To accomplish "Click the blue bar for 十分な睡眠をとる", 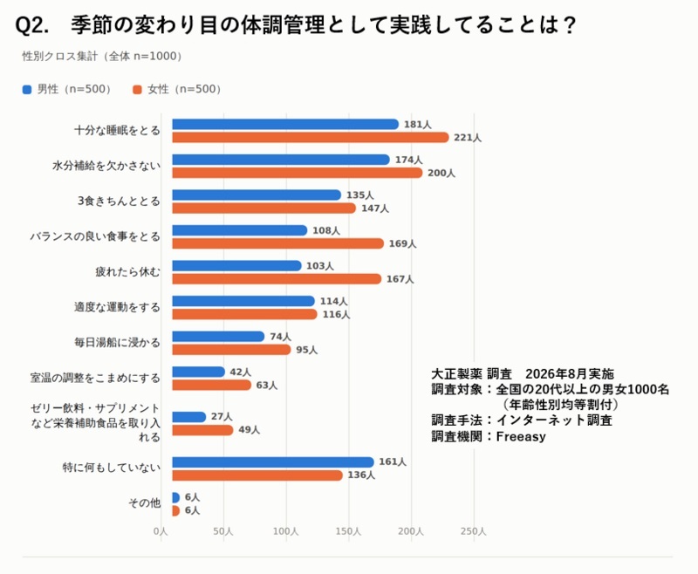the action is pyautogui.click(x=285, y=125).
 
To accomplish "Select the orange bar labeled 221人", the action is pyautogui.click(x=311, y=138).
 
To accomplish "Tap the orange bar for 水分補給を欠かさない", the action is pyautogui.click(x=297, y=173).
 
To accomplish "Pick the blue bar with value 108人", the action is pyautogui.click(x=239, y=230).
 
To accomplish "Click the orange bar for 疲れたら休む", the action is pyautogui.click(x=277, y=279).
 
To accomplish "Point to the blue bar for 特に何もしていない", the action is pyautogui.click(x=273, y=462).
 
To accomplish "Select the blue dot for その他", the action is pyautogui.click(x=176, y=497).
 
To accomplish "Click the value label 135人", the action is pyautogui.click(x=360, y=195).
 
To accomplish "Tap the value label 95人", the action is pyautogui.click(x=307, y=350).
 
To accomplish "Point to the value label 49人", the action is pyautogui.click(x=249, y=430).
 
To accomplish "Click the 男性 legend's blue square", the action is pyautogui.click(x=27, y=90).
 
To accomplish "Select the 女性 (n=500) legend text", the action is pyautogui.click(x=184, y=90).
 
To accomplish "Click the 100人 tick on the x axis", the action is pyautogui.click(x=286, y=531).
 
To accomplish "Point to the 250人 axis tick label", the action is pyautogui.click(x=474, y=531).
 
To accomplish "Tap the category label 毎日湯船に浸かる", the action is pyautogui.click(x=117, y=343).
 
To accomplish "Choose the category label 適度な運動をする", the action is pyautogui.click(x=117, y=307).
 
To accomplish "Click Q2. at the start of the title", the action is pyautogui.click(x=32, y=25).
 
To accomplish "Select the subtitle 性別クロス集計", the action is pyautogui.click(x=59, y=57).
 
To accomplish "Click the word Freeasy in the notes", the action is pyautogui.click(x=521, y=436).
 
